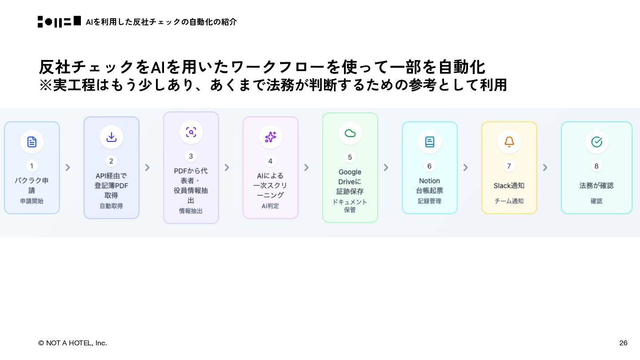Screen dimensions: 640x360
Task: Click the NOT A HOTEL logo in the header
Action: pos(59,22)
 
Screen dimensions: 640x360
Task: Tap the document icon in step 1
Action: pos(32,142)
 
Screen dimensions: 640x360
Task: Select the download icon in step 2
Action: pos(112,137)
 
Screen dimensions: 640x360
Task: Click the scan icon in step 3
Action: pos(191,132)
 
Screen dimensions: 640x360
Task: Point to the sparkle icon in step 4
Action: pos(271,137)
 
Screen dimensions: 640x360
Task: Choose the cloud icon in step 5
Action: pos(350,133)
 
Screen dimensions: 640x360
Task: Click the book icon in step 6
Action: pos(430,142)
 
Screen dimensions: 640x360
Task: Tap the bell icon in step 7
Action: pos(509,142)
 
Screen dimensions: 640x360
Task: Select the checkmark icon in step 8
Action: pos(596,142)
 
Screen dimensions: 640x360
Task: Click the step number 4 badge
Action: pos(270,161)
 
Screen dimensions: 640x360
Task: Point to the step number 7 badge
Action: pos(509,166)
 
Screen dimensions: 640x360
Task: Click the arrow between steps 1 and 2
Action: pos(68,168)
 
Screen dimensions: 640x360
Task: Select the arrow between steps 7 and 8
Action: pos(545,168)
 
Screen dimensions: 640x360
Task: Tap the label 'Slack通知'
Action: pos(509,186)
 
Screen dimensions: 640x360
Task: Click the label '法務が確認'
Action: pos(596,186)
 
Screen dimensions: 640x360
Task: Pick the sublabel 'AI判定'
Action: pos(270,206)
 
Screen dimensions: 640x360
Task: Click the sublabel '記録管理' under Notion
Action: pos(429,201)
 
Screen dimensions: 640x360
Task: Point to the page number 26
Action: pos(623,343)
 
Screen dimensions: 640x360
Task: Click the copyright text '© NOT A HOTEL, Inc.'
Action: pos(72,343)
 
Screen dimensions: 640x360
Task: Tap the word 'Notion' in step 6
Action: pos(429,181)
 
